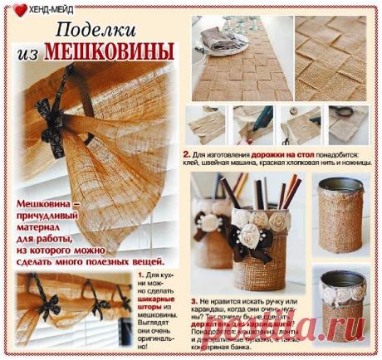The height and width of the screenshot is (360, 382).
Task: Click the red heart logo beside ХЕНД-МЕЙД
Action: coord(19,11)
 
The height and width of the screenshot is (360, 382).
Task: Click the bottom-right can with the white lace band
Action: coord(340,307)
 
